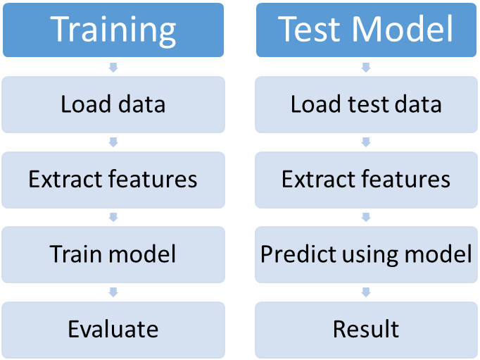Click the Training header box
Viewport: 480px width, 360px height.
(113, 30)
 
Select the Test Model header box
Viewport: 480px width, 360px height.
(366, 30)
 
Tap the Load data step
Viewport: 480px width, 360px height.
(113, 104)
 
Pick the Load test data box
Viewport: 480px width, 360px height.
(366, 104)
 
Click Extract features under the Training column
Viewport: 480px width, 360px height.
(113, 180)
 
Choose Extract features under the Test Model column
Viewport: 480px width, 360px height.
(366, 180)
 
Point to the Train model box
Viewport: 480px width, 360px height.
(113, 254)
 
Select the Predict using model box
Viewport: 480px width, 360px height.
(366, 254)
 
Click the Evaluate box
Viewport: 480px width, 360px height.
(113, 330)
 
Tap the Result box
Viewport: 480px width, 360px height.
(366, 330)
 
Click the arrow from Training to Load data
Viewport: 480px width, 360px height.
(113, 68)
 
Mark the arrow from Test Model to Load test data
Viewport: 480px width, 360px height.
(366, 68)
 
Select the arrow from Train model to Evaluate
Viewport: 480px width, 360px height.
(113, 292)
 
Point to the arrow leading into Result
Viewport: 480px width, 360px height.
(366, 292)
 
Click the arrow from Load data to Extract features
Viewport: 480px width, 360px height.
(113, 142)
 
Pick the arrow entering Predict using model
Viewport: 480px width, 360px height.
(366, 217)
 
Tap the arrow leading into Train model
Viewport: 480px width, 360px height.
(113, 217)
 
